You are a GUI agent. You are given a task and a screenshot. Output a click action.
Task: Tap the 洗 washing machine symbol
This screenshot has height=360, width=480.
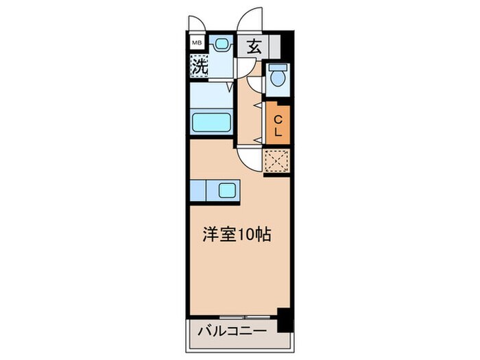[199, 67]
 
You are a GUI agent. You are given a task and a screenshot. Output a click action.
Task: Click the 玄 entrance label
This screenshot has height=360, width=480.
[253, 47]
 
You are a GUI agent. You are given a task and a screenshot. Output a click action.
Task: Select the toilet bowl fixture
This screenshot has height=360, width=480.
[278, 75]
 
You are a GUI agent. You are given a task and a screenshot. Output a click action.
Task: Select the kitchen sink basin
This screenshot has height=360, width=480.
[227, 189]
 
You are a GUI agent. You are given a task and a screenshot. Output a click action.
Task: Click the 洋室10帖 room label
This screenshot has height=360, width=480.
[236, 235]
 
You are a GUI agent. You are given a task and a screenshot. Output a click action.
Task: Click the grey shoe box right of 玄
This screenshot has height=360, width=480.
[275, 47]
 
